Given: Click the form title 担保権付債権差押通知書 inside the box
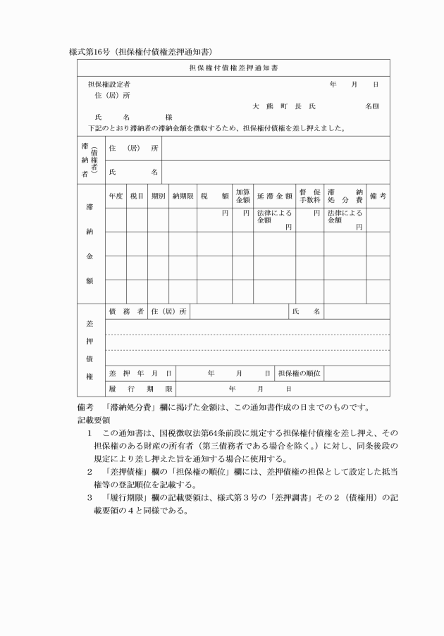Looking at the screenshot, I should (233, 68).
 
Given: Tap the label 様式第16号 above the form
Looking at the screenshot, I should (87, 51).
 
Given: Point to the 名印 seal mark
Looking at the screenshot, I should (371, 106).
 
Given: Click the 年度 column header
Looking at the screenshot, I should (116, 197).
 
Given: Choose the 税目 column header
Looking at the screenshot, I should (137, 197).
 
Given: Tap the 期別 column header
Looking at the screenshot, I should (158, 197).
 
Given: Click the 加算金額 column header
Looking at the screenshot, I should (242, 197).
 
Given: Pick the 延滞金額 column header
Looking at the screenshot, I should (274, 197).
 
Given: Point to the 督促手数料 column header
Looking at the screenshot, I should (309, 197).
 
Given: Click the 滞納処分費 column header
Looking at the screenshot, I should (345, 197).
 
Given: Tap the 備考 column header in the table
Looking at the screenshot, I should (378, 197).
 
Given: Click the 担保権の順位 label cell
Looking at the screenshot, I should (300, 373).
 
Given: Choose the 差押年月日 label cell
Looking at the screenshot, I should (140, 373).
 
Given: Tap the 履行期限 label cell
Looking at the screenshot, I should (140, 389).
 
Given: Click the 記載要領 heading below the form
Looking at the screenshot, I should (91, 419).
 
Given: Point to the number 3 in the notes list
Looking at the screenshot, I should (90, 497).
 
